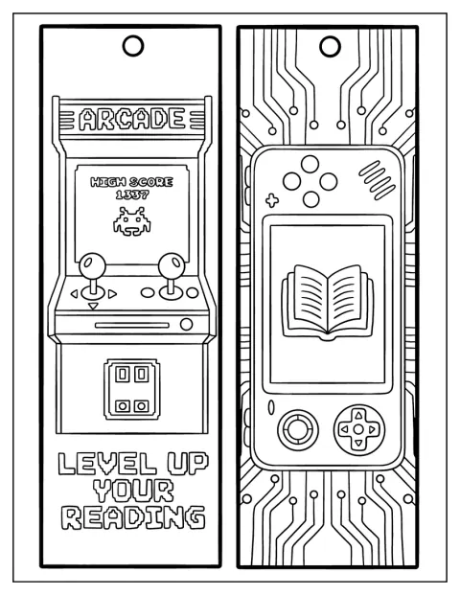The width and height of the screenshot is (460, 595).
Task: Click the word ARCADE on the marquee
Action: click(131, 119)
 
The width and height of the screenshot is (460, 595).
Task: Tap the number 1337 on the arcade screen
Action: click(132, 195)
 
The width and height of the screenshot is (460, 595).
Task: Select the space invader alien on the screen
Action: click(131, 221)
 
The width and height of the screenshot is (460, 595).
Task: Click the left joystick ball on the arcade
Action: click(92, 264)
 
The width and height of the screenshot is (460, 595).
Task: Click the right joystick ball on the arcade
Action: click(172, 264)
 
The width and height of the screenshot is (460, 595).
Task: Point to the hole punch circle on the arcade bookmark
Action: click(133, 46)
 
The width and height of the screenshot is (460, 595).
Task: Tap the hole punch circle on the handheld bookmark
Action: click(330, 46)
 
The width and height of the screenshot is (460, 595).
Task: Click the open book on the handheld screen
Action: click(328, 302)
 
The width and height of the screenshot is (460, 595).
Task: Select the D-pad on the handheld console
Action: click(358, 429)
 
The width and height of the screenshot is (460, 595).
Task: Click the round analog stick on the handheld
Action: click(298, 429)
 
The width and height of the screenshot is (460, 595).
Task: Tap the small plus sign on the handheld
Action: click(272, 200)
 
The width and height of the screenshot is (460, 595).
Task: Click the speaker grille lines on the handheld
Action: click(377, 180)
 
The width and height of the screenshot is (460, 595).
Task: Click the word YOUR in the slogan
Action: click(133, 491)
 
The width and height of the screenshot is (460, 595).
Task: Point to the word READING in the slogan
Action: click(133, 516)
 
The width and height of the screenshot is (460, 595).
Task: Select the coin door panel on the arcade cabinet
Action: click(131, 389)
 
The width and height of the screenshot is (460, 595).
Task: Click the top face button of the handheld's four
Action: click(310, 164)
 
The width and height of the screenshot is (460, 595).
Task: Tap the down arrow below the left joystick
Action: click(93, 306)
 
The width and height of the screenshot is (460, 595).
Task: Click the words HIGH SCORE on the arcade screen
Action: click(131, 182)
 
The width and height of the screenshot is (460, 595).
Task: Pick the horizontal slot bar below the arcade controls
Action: click(131, 325)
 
